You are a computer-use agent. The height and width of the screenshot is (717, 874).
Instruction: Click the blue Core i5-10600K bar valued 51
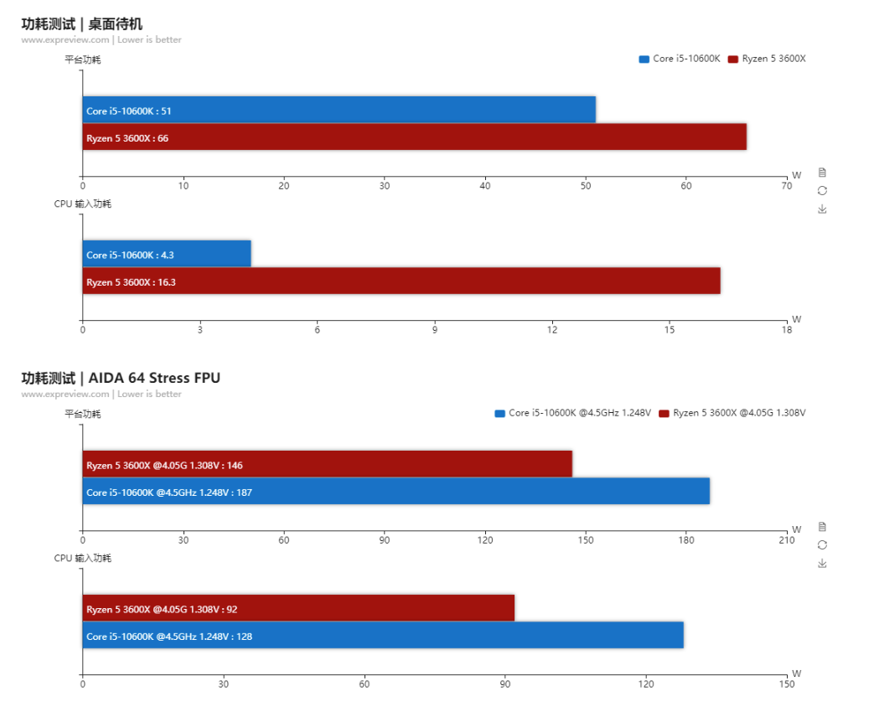pyautogui.click(x=339, y=110)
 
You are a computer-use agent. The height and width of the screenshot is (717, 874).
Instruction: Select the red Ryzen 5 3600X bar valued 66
pyautogui.click(x=414, y=137)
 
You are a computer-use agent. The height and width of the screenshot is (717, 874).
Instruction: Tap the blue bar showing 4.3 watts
pyautogui.click(x=167, y=254)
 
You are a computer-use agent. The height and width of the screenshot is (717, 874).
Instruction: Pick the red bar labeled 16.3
pyautogui.click(x=401, y=281)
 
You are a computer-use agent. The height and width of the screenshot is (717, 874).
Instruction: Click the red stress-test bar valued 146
pyautogui.click(x=327, y=464)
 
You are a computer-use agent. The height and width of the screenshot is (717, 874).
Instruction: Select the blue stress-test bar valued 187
pyautogui.click(x=396, y=492)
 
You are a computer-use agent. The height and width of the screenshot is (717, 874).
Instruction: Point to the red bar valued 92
pyautogui.click(x=298, y=608)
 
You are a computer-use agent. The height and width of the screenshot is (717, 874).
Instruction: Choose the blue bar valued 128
pyautogui.click(x=383, y=636)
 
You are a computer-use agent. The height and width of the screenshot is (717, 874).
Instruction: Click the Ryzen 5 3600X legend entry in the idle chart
pyautogui.click(x=767, y=59)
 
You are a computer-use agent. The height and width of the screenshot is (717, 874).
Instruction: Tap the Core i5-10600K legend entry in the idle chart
pyautogui.click(x=680, y=59)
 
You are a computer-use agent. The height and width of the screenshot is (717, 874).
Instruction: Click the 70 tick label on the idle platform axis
pyautogui.click(x=786, y=186)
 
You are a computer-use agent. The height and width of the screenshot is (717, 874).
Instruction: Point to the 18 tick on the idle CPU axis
pyautogui.click(x=786, y=330)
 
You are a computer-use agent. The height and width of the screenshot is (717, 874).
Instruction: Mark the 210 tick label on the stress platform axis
pyautogui.click(x=786, y=540)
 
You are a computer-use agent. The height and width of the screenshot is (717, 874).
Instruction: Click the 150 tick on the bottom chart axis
pyautogui.click(x=786, y=684)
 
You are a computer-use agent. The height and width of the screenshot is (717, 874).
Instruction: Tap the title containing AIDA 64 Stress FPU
pyautogui.click(x=121, y=378)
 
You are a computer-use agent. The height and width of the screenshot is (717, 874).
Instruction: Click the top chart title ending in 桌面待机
pyautogui.click(x=81, y=23)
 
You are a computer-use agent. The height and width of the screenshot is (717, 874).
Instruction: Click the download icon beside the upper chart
pyautogui.click(x=822, y=209)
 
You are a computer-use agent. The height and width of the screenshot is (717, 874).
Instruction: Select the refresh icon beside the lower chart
pyautogui.click(x=822, y=544)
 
